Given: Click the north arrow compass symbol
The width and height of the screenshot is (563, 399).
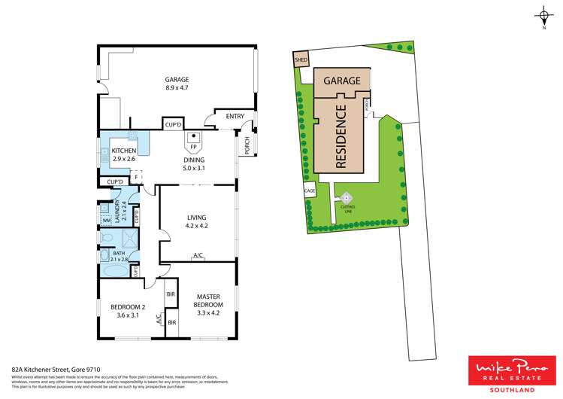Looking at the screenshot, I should pos(543,15).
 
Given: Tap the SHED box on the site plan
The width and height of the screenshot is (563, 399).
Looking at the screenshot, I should pos(301,59).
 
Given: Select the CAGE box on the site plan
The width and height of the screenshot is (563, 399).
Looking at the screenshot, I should pos(310,191).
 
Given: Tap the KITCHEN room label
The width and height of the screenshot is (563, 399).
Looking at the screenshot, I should pos(123,151).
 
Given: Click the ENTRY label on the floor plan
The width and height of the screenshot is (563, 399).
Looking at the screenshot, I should pos(235,116).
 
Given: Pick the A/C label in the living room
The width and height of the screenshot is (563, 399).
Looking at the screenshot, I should pos(198,256).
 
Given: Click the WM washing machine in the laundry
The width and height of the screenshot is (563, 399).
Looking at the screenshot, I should pos(106,220).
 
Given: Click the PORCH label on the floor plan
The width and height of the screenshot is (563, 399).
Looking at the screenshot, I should pos(246,145).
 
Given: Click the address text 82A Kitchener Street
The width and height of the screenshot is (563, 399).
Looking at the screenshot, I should pos(41,370).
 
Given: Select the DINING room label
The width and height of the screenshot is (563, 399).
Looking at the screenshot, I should pos(193,161).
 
